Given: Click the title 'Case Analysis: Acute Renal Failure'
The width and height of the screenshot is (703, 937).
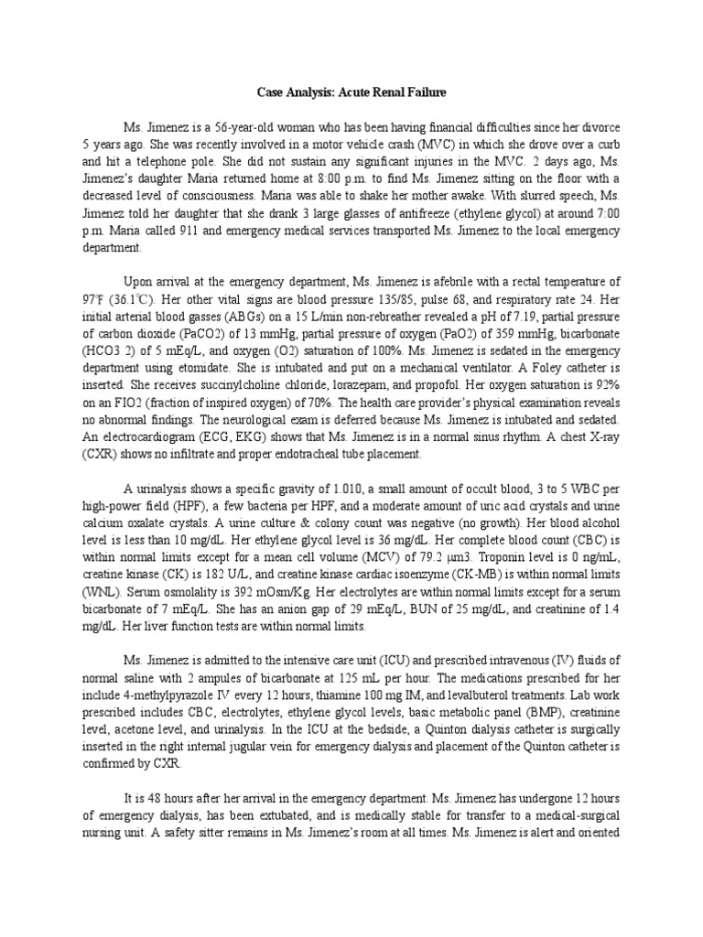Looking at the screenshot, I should (351, 92).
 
